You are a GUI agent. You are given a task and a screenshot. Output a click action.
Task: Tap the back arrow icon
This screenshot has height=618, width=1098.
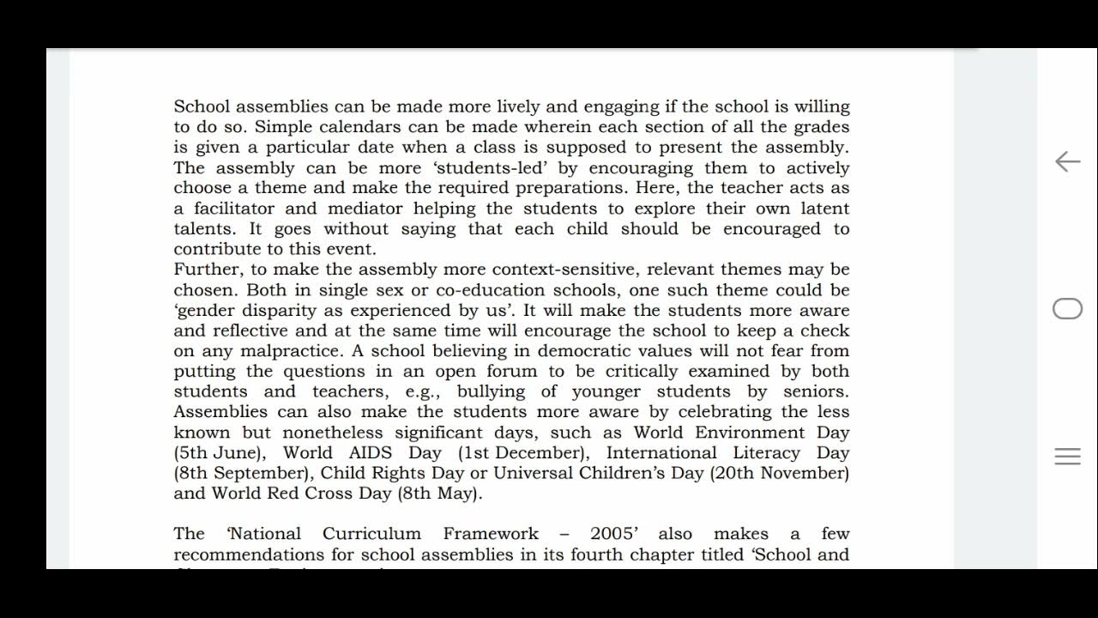(x=1067, y=161)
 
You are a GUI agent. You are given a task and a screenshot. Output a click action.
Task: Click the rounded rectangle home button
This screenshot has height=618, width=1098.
(x=1067, y=309)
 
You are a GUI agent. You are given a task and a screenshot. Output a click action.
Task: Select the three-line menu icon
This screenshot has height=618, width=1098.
(x=1067, y=457)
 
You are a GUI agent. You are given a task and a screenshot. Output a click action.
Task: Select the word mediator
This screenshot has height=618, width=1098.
(x=365, y=209)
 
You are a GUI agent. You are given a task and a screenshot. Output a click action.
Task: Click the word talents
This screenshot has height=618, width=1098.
(x=205, y=229)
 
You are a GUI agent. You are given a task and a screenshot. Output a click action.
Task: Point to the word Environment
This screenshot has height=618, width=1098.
(x=751, y=433)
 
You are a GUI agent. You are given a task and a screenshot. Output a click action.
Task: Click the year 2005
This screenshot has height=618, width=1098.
(x=613, y=534)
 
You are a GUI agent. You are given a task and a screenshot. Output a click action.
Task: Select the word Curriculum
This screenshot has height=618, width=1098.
(x=371, y=534)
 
